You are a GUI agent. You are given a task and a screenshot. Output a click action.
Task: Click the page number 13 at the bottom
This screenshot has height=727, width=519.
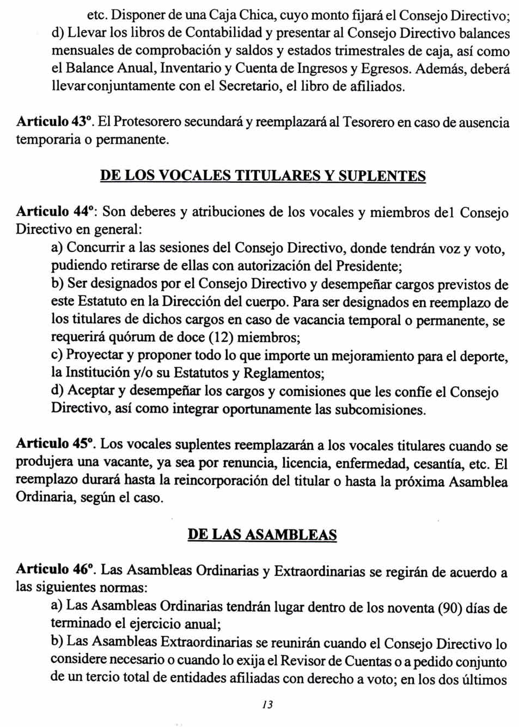267,705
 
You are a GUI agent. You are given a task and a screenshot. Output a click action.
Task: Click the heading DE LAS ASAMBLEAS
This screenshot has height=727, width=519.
262,534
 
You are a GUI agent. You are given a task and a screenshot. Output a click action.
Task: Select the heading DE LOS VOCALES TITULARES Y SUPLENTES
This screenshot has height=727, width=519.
263,176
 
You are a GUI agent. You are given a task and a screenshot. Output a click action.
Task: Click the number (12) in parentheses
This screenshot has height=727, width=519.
222,337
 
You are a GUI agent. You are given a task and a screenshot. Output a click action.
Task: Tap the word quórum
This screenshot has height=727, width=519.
133,337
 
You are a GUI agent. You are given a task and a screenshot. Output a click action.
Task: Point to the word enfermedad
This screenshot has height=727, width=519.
372,463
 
